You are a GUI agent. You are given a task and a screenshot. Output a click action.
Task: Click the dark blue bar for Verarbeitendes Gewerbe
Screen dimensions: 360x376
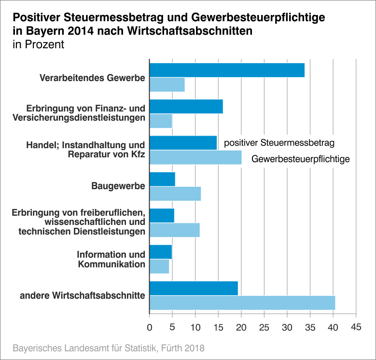coord(227,70)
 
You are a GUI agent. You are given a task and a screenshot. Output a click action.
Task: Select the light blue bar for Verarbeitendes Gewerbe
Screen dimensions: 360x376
coord(167,84)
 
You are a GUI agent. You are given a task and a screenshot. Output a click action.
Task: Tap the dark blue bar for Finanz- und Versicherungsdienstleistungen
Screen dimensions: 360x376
coord(186,106)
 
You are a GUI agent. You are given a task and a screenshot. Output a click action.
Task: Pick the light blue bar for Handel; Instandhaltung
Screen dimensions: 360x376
coord(195,157)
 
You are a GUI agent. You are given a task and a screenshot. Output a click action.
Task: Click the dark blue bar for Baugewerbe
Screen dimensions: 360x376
coord(162,179)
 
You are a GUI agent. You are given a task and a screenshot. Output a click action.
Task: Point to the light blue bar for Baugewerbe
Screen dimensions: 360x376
coord(175,194)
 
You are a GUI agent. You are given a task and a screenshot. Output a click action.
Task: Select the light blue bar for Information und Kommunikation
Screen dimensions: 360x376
coord(159,266)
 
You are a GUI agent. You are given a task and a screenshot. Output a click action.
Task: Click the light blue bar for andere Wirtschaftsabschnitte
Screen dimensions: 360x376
coord(242,303)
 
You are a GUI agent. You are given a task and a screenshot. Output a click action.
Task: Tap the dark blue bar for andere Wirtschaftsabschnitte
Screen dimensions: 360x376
coord(194,288)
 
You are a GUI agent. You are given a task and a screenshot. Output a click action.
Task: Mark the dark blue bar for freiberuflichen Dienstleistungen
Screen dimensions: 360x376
coord(162,215)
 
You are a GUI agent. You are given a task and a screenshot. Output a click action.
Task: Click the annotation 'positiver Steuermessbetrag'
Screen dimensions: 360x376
coord(279,143)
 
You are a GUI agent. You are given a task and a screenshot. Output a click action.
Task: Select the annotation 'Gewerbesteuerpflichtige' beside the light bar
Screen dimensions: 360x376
coord(300,158)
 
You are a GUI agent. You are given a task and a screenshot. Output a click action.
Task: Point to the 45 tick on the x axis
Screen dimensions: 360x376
coord(356,327)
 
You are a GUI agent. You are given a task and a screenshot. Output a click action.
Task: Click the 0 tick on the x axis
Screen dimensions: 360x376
coord(150,327)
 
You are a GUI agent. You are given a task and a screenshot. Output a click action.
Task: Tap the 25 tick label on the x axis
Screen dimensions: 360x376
coord(264,327)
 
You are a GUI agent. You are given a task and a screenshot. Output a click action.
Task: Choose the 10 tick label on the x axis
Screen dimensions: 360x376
coord(195,327)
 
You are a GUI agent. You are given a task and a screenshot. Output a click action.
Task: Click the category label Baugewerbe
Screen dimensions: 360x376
coord(118,186)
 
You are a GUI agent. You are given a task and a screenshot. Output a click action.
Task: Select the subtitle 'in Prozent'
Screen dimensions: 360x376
coord(38,45)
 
